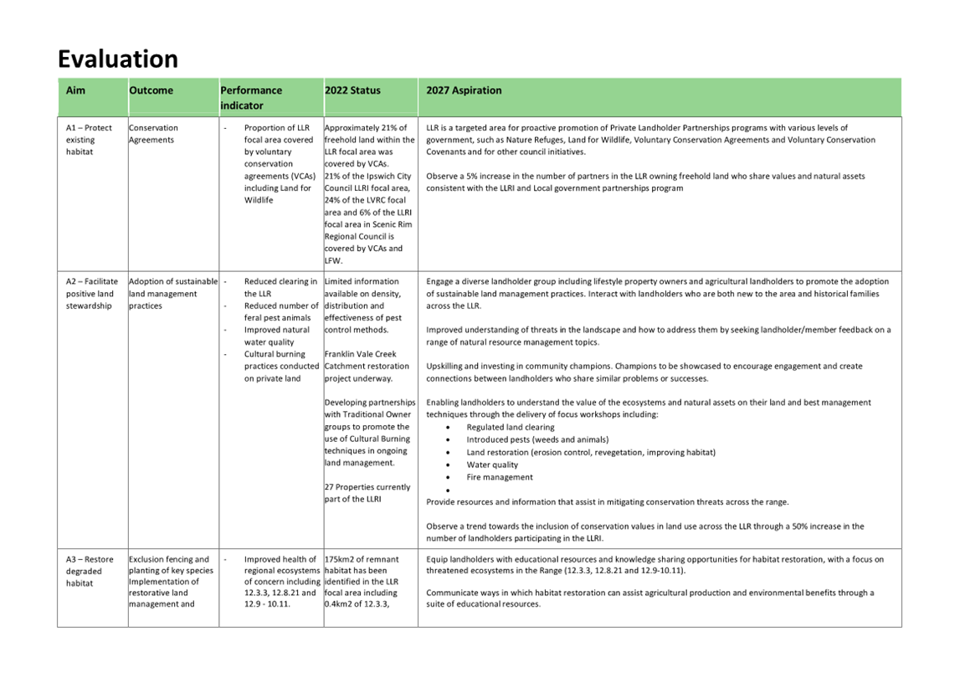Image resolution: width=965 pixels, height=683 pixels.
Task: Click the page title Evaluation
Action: point(117,59)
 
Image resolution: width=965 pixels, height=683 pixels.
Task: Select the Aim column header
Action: point(75,90)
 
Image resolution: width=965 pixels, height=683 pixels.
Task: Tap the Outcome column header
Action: point(151,90)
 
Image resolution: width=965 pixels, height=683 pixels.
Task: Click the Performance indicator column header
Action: point(251,97)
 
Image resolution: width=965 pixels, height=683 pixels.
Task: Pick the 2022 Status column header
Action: point(352,90)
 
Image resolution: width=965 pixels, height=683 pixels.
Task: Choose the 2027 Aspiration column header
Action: point(464,90)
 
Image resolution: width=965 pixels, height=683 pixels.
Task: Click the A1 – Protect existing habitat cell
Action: point(88,140)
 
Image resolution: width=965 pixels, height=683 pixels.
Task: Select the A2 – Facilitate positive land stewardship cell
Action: point(91,294)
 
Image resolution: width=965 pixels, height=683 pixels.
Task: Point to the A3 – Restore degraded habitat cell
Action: point(89,571)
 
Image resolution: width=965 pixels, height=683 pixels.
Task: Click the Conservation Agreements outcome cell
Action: point(153,134)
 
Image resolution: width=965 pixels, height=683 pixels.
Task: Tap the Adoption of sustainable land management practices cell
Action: point(172,294)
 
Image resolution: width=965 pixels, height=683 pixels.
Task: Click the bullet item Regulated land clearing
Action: point(510,427)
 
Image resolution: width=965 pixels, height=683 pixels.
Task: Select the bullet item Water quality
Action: point(492,465)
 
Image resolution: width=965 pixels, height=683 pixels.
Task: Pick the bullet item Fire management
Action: point(500,477)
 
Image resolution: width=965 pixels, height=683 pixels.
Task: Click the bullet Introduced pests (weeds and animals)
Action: point(537,439)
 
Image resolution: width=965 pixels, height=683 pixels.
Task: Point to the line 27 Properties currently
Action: point(367,487)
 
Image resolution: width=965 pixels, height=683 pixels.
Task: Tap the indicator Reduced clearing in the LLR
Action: point(280,287)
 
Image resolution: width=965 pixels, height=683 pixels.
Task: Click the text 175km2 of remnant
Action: point(362,559)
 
